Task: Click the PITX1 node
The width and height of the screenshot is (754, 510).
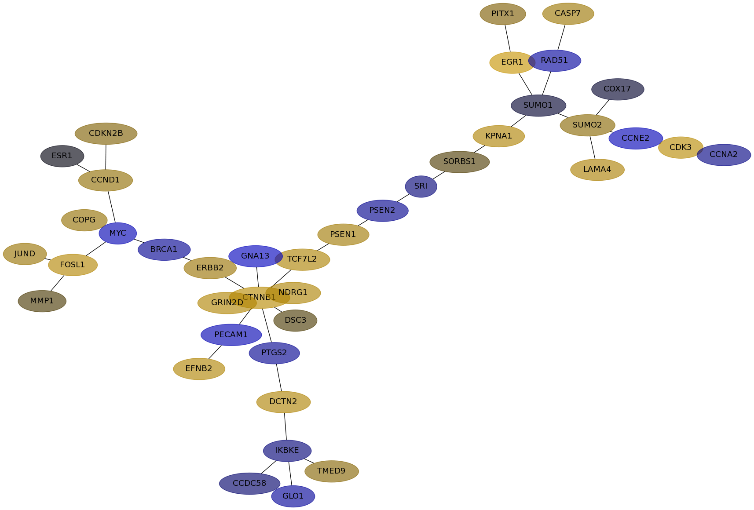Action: [502, 14]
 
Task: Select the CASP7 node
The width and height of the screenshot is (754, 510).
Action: [568, 14]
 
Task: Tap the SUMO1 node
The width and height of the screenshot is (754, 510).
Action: [538, 106]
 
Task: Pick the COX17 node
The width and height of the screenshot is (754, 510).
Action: [618, 89]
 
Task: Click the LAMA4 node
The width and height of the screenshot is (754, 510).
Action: [597, 170]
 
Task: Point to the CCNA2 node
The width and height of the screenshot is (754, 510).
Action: [724, 155]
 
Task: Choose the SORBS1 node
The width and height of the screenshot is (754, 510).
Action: [459, 162]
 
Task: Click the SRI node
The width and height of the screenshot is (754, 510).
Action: [421, 186]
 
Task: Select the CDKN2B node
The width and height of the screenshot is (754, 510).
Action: [106, 134]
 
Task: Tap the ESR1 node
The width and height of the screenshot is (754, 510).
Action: [62, 156]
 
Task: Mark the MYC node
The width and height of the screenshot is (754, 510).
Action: [117, 233]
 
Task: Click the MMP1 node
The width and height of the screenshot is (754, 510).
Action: [42, 301]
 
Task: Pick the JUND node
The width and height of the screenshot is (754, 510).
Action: [25, 254]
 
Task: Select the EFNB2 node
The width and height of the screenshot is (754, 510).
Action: [199, 369]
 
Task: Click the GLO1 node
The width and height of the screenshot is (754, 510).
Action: [293, 496]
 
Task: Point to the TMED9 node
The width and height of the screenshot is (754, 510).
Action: [332, 471]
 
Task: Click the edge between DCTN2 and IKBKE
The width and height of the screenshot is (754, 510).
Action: [285, 426]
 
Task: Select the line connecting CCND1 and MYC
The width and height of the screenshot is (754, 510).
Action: [111, 207]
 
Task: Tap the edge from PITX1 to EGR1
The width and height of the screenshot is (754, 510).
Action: [508, 38]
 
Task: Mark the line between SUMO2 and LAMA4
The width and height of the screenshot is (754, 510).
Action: [593, 147]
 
